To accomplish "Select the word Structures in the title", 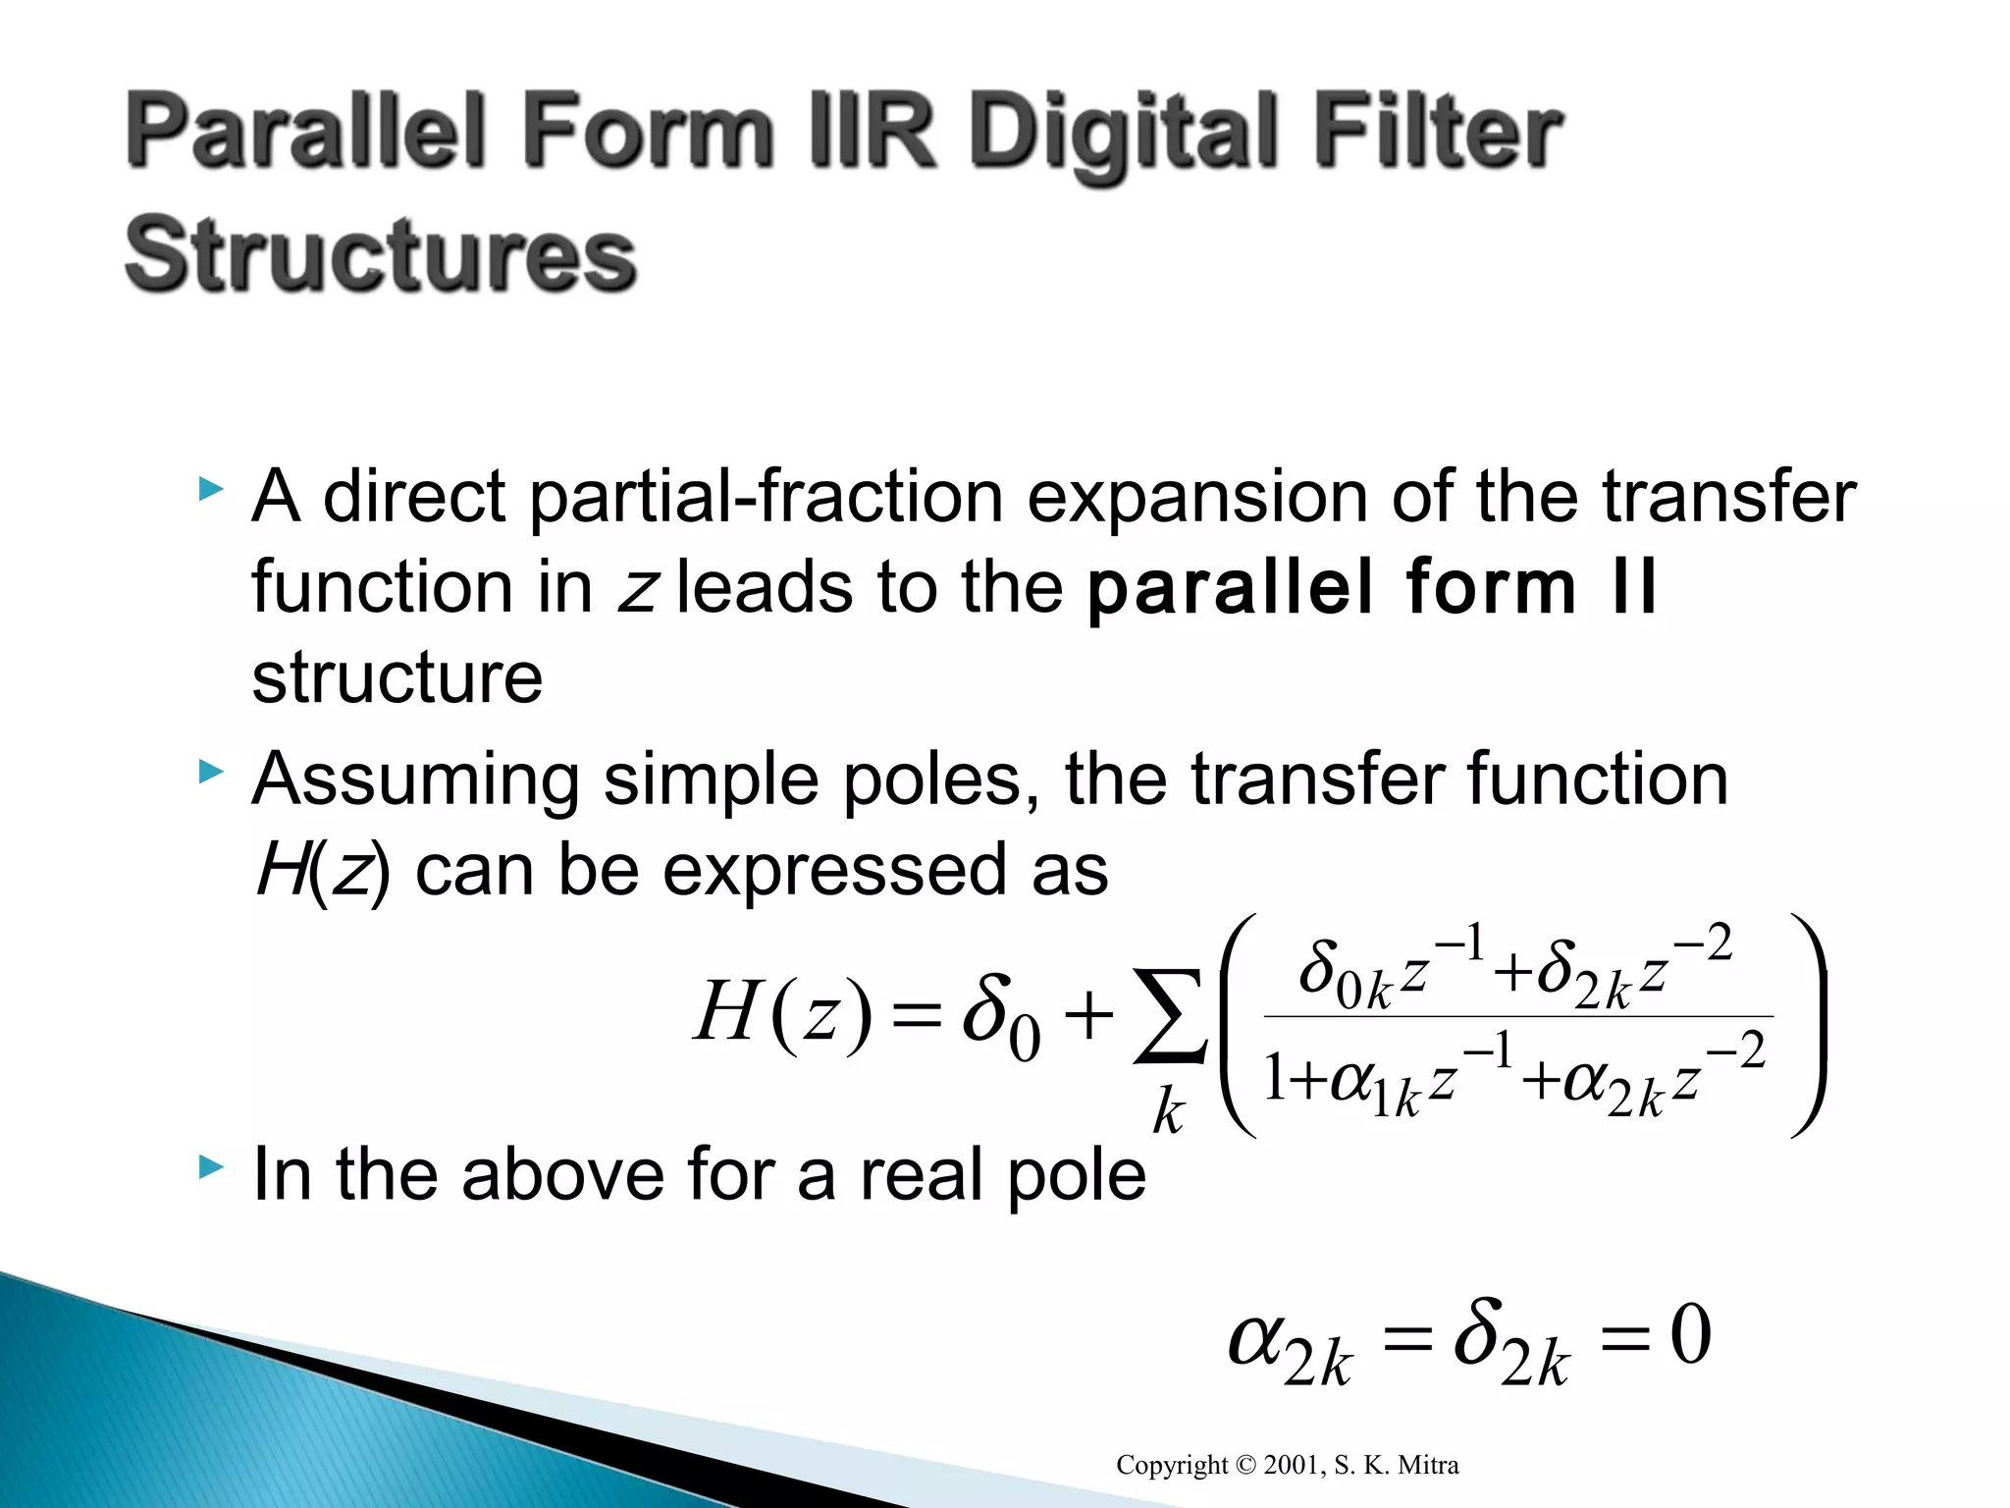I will pos(381,255).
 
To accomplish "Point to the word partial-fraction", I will pos(766,499).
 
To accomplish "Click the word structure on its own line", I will pos(397,677).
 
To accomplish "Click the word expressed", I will pos(838,870).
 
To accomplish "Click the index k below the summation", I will pos(1168,1113).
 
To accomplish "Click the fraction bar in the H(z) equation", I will pos(1517,1016).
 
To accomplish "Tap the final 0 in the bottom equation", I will pos(1690,1337).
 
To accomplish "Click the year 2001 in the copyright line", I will pos(1291,1466).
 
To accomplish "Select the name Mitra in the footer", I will pos(1428,1466).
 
